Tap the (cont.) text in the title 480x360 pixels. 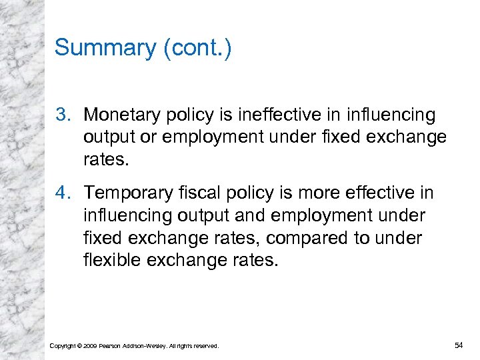click(x=197, y=48)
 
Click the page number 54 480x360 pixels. click(x=459, y=345)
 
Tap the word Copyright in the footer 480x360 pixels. click(x=63, y=346)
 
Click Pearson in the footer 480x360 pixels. click(x=110, y=346)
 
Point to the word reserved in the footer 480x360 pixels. click(x=204, y=346)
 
